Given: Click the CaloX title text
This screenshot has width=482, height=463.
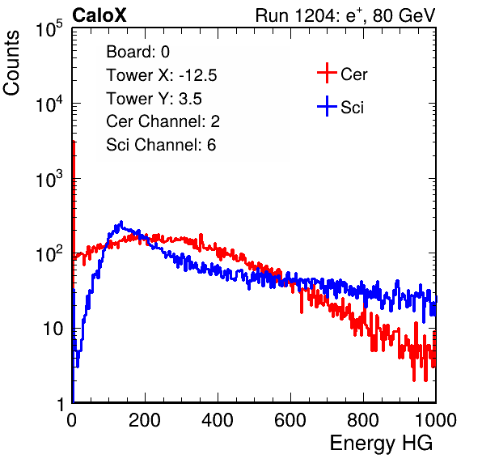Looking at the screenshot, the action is (x=99, y=15).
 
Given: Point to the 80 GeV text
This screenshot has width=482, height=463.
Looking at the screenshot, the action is (x=404, y=15).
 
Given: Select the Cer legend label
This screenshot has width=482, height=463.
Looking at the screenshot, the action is (x=353, y=74).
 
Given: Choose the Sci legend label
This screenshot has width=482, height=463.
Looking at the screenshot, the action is (x=352, y=108).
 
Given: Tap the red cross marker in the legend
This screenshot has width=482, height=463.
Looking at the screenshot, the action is (x=327, y=73).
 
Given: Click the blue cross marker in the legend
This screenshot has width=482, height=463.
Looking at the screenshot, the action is (x=327, y=106).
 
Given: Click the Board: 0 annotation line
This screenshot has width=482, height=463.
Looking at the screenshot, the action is (x=137, y=52).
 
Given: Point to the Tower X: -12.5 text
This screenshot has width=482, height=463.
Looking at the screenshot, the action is (x=162, y=75).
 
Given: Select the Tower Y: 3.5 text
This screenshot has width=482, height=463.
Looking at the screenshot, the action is (x=154, y=99).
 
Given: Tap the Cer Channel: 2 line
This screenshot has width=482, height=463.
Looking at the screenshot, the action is (x=163, y=121).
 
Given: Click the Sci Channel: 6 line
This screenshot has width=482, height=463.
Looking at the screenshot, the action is (x=161, y=145).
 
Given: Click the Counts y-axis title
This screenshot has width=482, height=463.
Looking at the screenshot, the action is (x=11, y=63).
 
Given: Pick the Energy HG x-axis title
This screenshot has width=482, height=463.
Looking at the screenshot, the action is (x=381, y=443).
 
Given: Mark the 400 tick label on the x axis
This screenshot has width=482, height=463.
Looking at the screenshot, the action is (x=218, y=420).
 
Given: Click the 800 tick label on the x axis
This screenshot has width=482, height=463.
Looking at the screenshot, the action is (x=363, y=420).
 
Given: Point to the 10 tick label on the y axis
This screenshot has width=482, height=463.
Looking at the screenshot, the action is (x=53, y=329).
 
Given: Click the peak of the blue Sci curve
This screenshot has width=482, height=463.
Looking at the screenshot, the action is (x=121, y=222).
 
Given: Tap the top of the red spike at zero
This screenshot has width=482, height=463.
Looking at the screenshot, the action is (x=74, y=142).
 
